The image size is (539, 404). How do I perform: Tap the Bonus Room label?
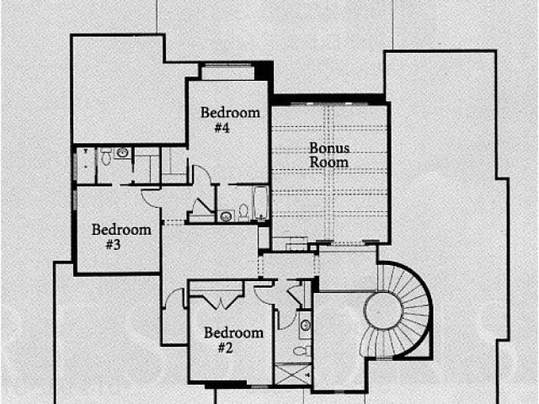328,155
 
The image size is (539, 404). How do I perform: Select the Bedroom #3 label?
121,237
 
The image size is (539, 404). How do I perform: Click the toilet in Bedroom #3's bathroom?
106,157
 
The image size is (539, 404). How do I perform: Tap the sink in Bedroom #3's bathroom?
123,153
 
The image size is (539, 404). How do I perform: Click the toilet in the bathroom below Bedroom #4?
243,211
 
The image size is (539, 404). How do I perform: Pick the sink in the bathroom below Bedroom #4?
226,215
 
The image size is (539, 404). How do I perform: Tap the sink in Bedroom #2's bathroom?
305,325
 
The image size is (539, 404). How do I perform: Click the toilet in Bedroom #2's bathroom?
305,349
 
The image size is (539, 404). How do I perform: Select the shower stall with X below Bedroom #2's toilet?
293,374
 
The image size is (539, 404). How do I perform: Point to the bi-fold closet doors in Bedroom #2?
217,299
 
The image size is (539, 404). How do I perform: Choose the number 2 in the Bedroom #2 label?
225,348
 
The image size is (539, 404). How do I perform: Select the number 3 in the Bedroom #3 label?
115,245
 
